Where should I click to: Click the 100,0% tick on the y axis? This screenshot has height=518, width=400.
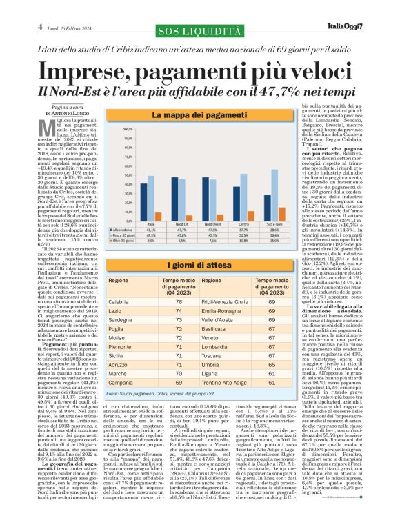(128, 129)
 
